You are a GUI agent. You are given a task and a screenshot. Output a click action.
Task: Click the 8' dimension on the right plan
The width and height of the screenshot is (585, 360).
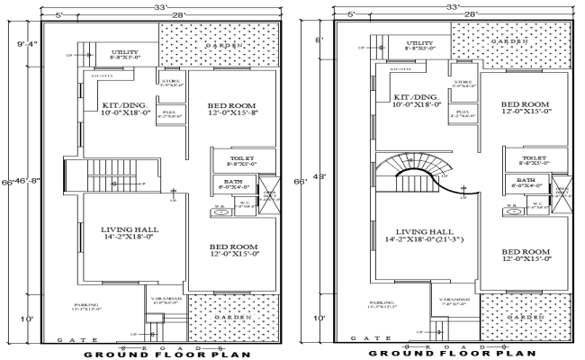pos(317,41)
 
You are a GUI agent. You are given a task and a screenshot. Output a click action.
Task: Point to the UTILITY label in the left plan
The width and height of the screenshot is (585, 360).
pos(125,53)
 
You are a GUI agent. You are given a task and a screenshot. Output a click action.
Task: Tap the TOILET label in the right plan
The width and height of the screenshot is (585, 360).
pos(533,159)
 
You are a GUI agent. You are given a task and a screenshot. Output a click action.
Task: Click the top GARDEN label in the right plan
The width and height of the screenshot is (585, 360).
pos(510,41)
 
